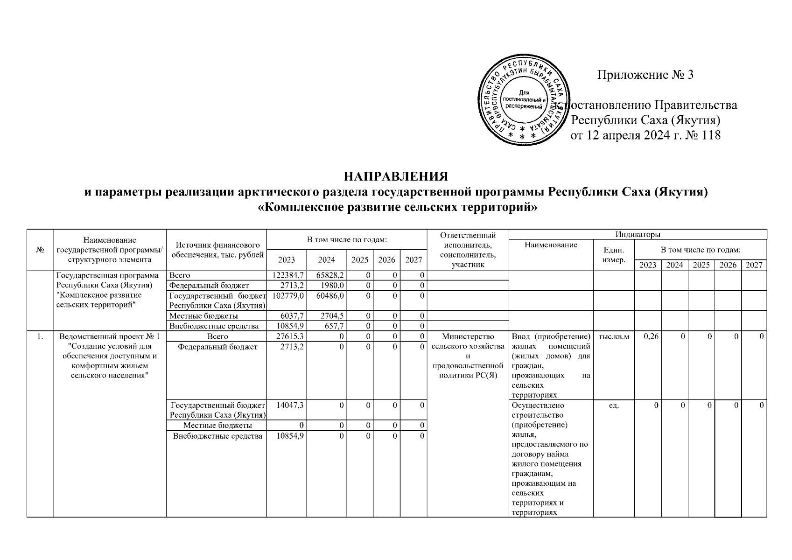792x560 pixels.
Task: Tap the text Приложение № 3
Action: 646,75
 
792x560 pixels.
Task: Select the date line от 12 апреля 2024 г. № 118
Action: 646,135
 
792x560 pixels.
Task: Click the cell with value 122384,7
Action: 287,275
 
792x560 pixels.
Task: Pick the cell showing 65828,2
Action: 326,275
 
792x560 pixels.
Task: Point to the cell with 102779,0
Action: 287,295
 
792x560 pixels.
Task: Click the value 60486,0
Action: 326,295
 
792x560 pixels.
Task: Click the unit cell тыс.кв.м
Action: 613,336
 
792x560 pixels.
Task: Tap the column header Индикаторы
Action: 637,234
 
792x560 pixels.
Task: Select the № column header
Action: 40,250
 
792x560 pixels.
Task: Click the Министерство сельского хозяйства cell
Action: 468,356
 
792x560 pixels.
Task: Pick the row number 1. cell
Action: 40,336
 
